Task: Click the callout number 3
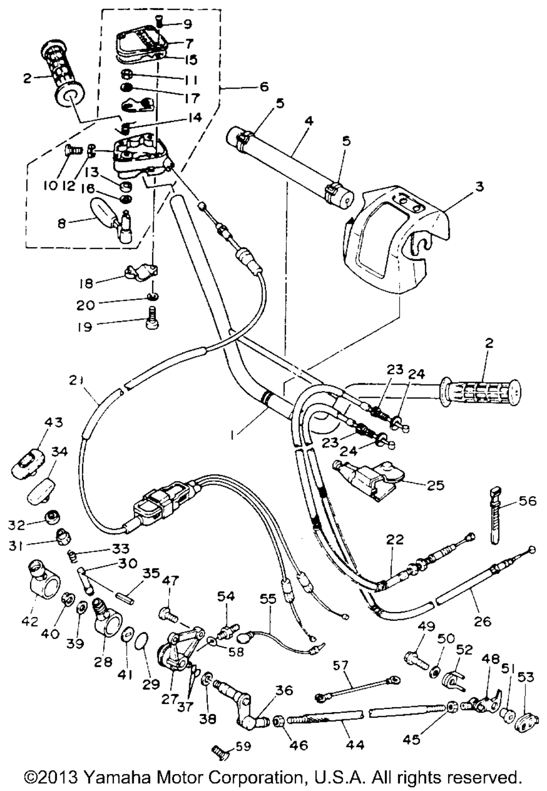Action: [x=479, y=187]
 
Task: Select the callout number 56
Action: [x=528, y=501]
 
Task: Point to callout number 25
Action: [x=436, y=485]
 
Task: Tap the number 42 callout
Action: [x=31, y=621]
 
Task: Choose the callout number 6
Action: [x=264, y=86]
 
